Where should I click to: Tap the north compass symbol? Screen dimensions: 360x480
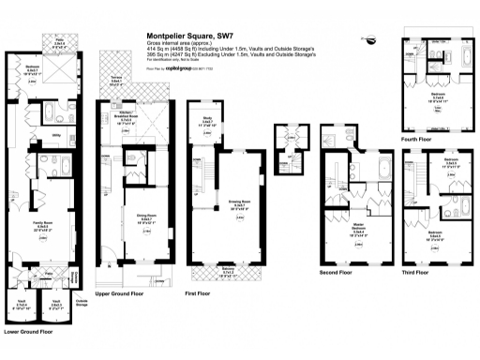[x=373, y=39]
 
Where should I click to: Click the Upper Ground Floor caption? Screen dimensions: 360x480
[x=122, y=292]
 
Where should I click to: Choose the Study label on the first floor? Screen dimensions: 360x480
[x=206, y=119]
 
